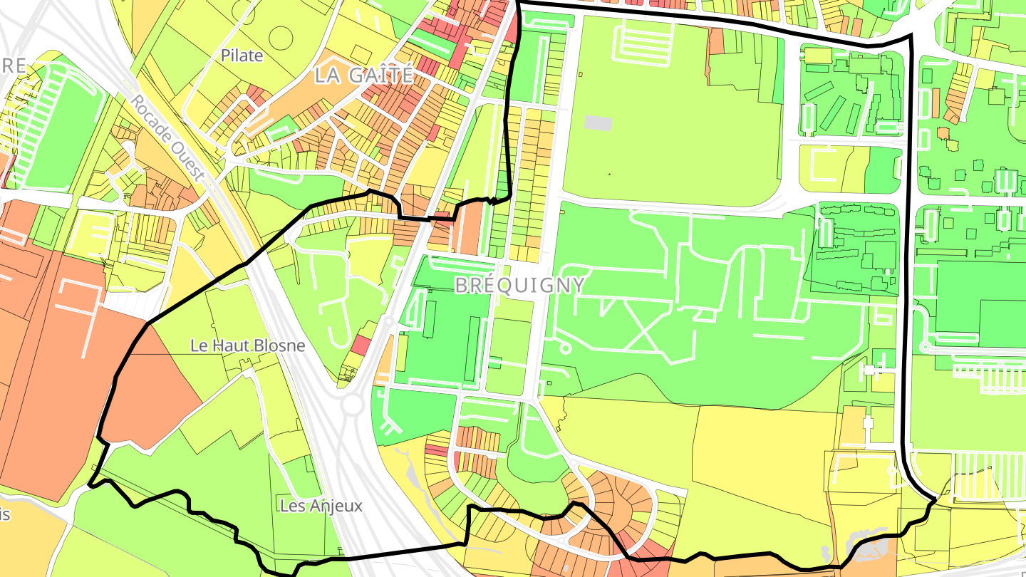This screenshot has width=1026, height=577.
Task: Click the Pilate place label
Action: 242,56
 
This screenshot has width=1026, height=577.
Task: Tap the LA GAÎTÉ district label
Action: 364,76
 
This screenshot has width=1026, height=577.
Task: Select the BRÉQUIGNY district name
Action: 519,286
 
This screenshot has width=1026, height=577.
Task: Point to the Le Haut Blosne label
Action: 247,346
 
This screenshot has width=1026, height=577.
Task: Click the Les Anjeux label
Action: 321,506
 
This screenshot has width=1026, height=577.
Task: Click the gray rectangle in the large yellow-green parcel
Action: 598,123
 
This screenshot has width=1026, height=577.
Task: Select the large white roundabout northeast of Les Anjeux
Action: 351,406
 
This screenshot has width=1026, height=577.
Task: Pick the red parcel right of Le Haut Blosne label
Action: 361,345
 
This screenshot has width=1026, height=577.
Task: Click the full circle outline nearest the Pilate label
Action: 280,38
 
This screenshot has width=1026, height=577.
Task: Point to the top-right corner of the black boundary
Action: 911,36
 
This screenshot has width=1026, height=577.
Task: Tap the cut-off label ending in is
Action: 5,514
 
